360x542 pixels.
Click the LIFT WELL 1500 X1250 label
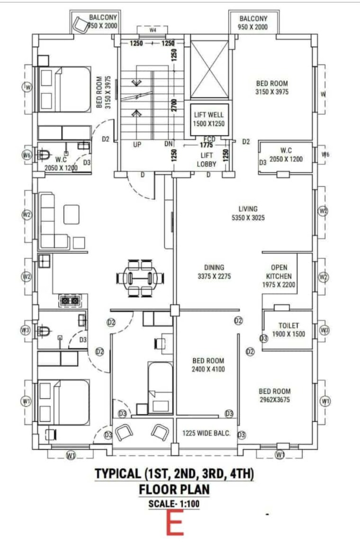pyautogui.click(x=208, y=119)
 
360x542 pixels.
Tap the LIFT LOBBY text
pyautogui.click(x=206, y=160)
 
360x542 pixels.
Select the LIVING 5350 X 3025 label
pyautogui.click(x=248, y=213)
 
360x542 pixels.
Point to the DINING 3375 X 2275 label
pyautogui.click(x=214, y=272)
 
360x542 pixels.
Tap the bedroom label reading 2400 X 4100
pyautogui.click(x=208, y=364)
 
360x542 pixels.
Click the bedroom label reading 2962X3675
pyautogui.click(x=274, y=395)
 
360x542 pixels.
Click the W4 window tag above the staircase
pyautogui.click(x=153, y=30)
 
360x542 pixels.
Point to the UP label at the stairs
pyautogui.click(x=137, y=145)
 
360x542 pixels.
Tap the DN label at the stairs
pyautogui.click(x=169, y=145)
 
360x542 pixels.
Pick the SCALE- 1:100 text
pyautogui.click(x=174, y=504)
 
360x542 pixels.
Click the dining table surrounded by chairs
pyautogui.click(x=140, y=277)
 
